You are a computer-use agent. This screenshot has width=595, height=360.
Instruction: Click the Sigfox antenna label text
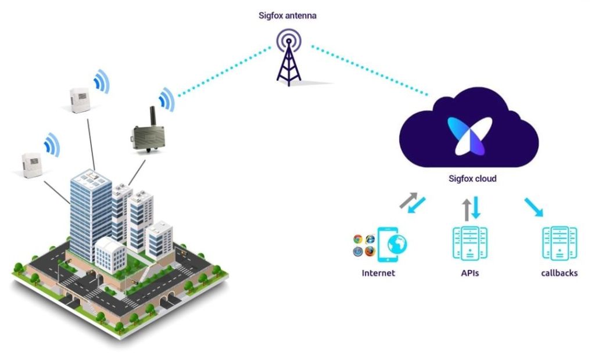288,16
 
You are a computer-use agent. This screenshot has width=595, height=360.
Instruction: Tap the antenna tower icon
289,58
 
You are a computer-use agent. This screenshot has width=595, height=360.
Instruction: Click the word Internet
378,273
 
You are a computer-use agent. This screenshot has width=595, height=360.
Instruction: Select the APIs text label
469,273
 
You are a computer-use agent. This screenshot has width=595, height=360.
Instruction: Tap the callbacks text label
559,273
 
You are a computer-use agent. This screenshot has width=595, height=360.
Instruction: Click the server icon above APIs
469,243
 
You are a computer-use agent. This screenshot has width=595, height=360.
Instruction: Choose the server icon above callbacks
560,243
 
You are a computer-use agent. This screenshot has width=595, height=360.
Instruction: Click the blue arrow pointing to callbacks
533,207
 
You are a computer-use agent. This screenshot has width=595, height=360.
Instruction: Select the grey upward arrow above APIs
465,210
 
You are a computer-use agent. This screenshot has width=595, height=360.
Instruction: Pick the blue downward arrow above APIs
475,207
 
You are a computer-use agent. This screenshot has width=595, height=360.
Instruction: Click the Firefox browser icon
370,251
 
